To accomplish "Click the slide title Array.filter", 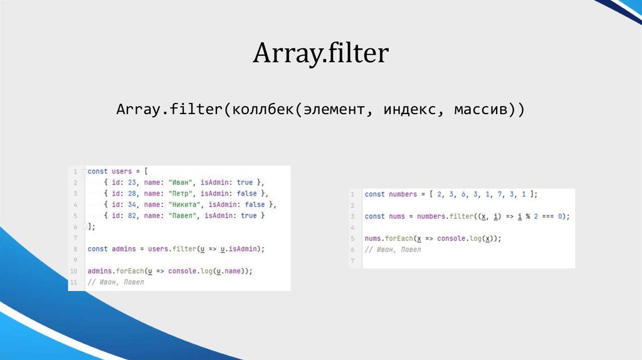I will (321, 53).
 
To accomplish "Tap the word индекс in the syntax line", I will (408, 110).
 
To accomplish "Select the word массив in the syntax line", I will (480, 110).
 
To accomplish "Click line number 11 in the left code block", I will (74, 282).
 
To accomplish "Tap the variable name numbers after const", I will (403, 194).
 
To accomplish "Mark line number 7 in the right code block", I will (352, 261).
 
